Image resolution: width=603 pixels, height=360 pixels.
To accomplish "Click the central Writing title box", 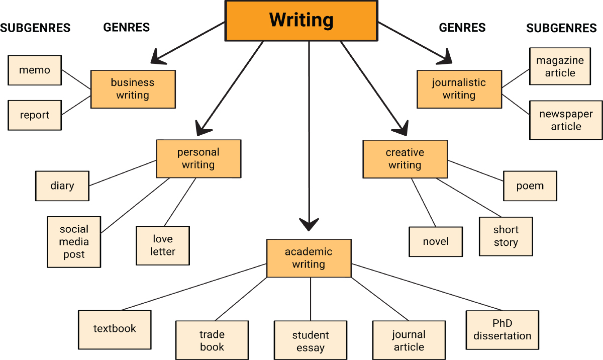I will [301, 21].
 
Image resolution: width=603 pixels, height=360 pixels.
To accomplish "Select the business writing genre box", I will [133, 89].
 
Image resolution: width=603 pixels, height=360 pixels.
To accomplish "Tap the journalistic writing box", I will [459, 89].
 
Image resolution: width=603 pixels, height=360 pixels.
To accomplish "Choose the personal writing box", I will [198, 158].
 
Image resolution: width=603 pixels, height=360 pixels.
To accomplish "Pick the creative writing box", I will [405, 158].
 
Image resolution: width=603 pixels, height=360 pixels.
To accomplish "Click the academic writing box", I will [309, 258].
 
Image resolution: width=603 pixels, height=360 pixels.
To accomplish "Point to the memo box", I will [35, 70].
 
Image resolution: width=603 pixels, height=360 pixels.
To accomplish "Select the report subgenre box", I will [35, 115].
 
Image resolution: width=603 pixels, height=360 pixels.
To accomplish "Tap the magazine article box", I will [560, 66].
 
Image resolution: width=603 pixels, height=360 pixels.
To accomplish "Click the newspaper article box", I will [566, 120].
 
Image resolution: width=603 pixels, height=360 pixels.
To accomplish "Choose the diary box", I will [62, 186].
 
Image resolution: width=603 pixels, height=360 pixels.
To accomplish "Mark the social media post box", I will [74, 242].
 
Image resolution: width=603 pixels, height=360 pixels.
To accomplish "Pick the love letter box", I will [163, 245].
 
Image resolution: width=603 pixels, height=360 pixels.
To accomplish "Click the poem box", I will [530, 186].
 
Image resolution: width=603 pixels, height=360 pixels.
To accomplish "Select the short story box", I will [506, 236].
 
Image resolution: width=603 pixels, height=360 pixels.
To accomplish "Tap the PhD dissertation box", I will [502, 329].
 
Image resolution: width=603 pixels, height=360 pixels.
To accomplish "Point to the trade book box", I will [212, 340].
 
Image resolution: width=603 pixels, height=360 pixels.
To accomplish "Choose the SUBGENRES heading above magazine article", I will [561, 29].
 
